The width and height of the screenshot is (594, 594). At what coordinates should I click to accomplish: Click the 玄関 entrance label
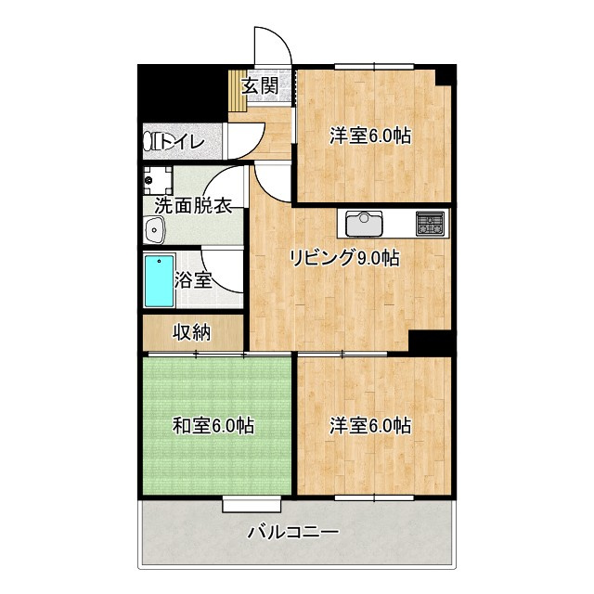click(x=261, y=86)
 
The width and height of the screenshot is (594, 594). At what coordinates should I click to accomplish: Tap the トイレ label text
click(x=185, y=141)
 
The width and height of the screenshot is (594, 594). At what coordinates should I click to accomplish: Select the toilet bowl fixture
click(x=151, y=141)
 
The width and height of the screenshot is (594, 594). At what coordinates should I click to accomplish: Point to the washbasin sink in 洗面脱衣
click(x=153, y=229)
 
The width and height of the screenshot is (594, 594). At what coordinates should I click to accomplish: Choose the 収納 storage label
click(x=192, y=331)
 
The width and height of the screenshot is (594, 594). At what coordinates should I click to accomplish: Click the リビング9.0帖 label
click(x=343, y=257)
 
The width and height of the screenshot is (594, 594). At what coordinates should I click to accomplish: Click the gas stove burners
click(x=430, y=222)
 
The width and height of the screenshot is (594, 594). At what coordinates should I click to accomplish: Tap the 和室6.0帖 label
click(x=213, y=426)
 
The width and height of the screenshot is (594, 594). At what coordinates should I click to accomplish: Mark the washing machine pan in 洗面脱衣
click(x=159, y=178)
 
